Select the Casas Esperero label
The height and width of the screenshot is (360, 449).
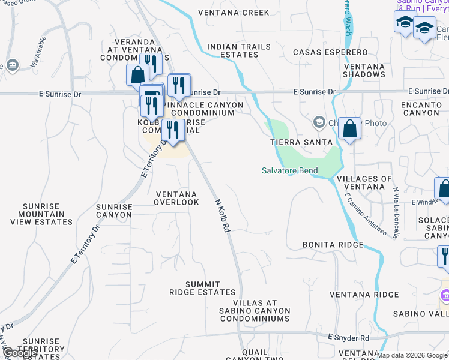click(x=330, y=52)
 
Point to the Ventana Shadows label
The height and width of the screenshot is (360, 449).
click(x=364, y=70)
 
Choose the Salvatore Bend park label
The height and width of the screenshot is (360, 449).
click(x=289, y=170)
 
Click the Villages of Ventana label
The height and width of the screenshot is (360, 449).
click(x=364, y=182)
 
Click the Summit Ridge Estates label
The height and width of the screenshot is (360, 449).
click(x=202, y=288)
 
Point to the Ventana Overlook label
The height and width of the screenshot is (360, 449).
click(x=176, y=198)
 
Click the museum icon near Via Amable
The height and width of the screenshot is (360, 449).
click(x=12, y=65)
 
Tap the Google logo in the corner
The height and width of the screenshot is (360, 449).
click(x=20, y=353)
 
